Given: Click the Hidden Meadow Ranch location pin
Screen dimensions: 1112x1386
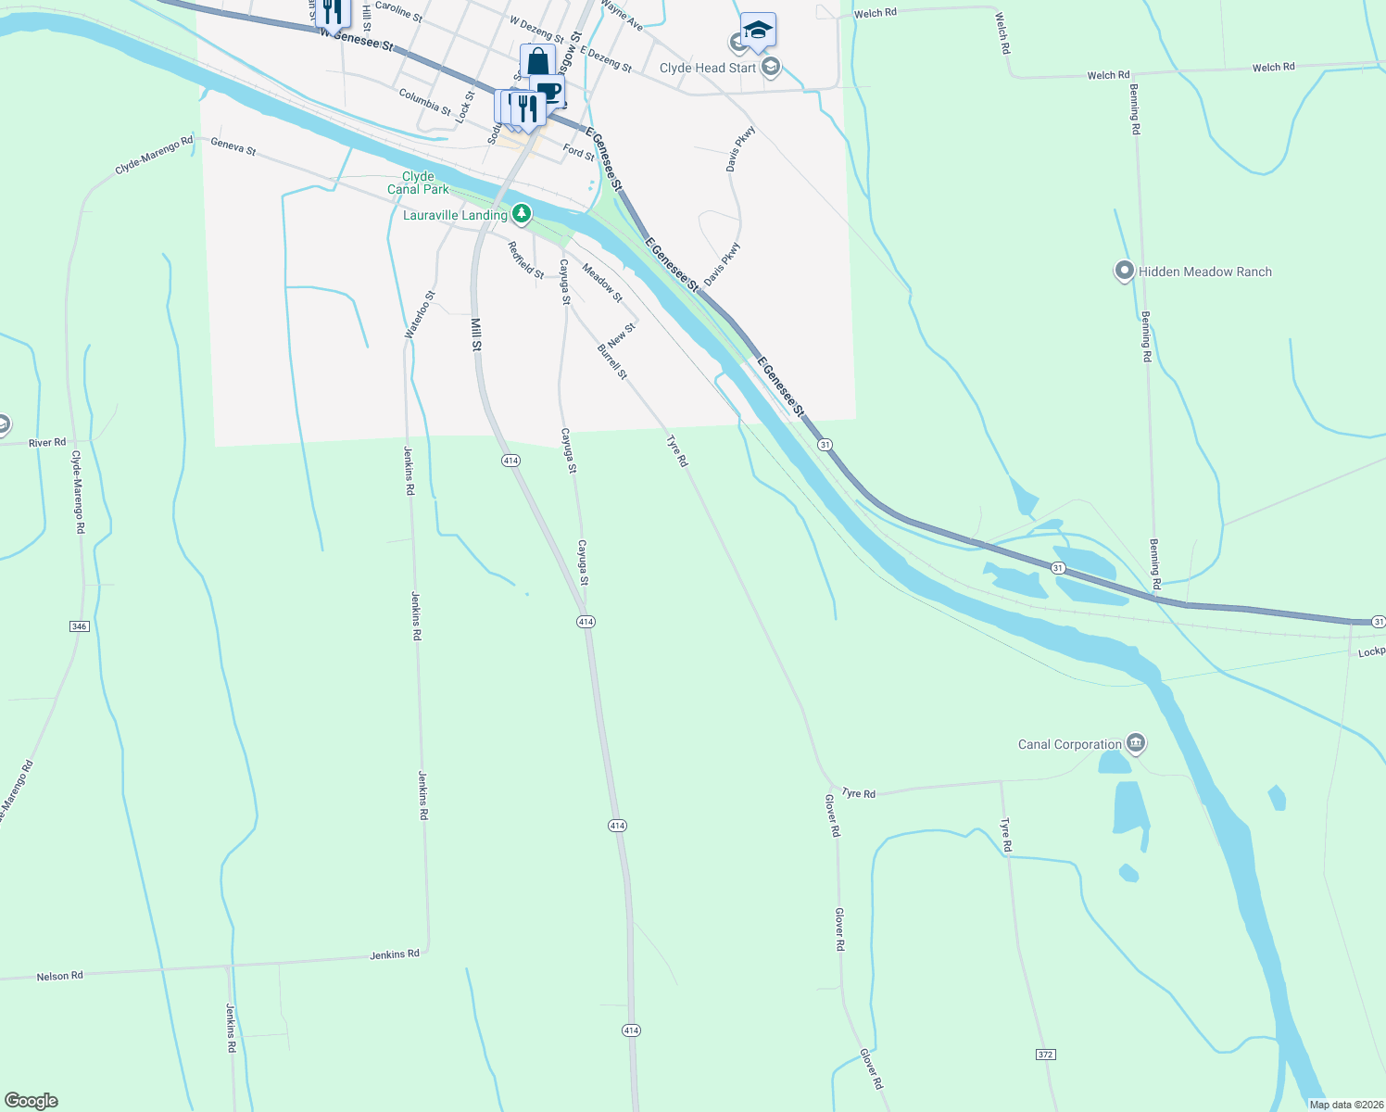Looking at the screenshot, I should tap(1124, 271).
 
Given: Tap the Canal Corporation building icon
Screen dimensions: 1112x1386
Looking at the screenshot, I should tap(1136, 743).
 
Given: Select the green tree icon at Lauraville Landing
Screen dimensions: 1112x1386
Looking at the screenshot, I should tap(522, 215).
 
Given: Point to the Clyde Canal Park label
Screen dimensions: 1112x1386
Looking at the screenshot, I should tap(418, 183).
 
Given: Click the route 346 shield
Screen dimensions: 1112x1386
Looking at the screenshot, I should tap(79, 626).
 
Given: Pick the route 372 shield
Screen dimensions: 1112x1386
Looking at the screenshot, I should tap(1045, 1055).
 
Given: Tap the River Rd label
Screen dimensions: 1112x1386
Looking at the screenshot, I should tap(47, 443).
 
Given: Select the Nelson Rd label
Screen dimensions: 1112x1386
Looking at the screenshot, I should tap(60, 976).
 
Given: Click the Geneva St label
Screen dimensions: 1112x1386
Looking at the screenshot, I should tap(233, 145).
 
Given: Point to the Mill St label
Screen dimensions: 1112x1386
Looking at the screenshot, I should tap(476, 335).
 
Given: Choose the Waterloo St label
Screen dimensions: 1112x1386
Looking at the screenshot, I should tap(420, 314).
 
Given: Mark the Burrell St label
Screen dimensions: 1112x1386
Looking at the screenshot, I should tap(612, 361).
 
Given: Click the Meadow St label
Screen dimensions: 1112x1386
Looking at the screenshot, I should tap(601, 282).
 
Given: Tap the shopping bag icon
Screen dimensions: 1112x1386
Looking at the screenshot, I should tap(537, 61).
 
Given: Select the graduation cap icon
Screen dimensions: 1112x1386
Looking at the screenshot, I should tap(758, 30).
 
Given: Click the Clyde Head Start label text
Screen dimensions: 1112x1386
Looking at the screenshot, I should tap(708, 68).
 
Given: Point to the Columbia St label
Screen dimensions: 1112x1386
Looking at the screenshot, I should tap(425, 102).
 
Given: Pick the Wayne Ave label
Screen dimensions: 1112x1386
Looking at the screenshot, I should tap(622, 16).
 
